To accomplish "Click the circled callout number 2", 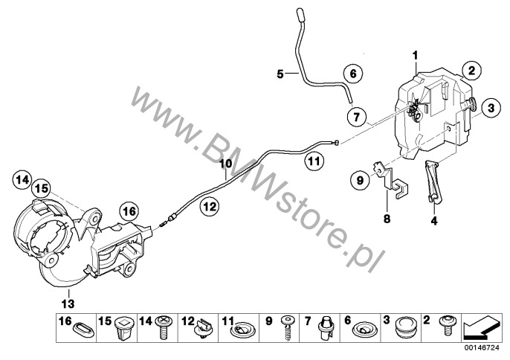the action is click(x=471, y=70).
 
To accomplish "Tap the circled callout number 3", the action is click(x=491, y=108).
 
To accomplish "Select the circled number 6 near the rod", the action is click(x=353, y=74).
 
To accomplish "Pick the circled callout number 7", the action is click(x=357, y=116).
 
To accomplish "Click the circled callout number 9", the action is click(x=360, y=179).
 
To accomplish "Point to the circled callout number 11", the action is click(x=314, y=161).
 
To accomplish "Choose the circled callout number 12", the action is click(x=210, y=206).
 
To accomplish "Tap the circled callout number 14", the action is click(x=22, y=179).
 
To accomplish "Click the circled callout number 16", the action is click(x=129, y=211).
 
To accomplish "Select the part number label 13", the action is click(x=68, y=303).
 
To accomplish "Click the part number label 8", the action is click(x=387, y=219).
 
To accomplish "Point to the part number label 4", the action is click(x=434, y=221).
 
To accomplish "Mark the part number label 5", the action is click(x=280, y=74).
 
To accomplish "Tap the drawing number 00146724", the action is click(x=482, y=347).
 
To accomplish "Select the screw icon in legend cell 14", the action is click(x=164, y=327).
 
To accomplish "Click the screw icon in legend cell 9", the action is click(x=287, y=327).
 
